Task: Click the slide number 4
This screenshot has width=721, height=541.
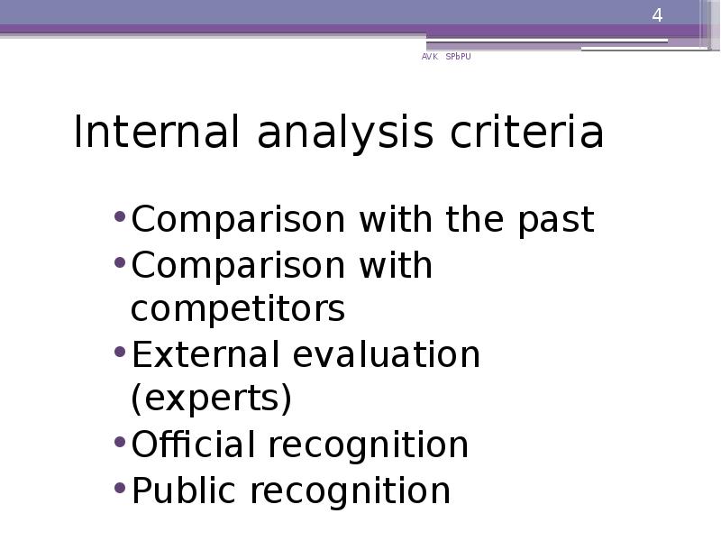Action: tap(657, 16)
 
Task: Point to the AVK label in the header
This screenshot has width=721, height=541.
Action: tap(429, 57)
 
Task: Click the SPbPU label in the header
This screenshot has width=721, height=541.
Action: tap(458, 57)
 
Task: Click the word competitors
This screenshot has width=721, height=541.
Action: tap(238, 309)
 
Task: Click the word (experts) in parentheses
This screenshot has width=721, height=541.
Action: tap(212, 399)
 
